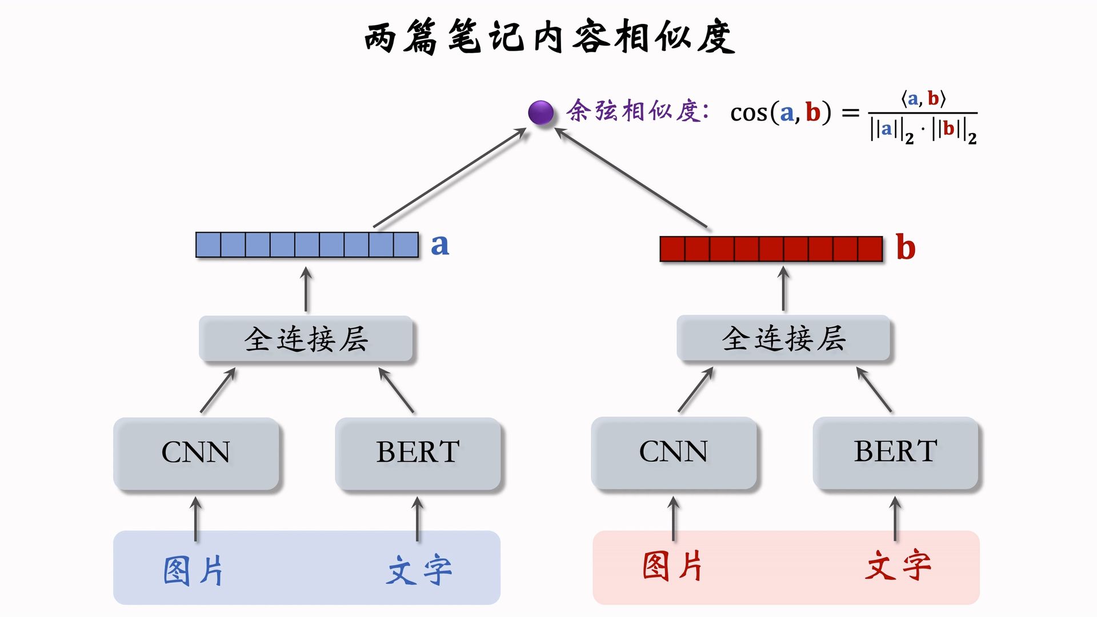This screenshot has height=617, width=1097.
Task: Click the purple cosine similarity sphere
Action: pos(541,113)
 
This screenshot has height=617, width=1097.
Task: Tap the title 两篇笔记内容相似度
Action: pos(549,37)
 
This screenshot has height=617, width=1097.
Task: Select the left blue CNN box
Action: pos(196,452)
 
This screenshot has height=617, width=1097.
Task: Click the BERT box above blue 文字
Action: pos(418,452)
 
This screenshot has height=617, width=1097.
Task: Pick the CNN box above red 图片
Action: pos(674,452)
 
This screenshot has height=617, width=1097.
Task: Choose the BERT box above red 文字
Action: pos(895,452)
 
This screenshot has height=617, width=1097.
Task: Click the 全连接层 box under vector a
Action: pos(306,339)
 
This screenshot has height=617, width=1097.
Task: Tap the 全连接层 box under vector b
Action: pos(783,338)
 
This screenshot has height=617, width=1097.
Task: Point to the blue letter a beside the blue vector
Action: pos(439,245)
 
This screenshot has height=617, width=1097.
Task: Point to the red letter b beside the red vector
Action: pos(906,247)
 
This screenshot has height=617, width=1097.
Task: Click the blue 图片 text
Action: pos(193,570)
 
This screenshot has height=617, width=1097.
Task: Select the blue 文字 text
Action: pos(419,570)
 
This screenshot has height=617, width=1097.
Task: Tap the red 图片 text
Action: pos(672,566)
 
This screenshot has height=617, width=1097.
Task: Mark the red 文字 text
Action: pos(898,566)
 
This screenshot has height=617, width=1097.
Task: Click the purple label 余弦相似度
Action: pos(637,111)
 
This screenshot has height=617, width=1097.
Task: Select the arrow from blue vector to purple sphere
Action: pos(450,178)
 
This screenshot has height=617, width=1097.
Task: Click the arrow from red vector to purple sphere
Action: pos(631,178)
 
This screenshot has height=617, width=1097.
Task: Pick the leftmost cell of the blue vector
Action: pos(209,245)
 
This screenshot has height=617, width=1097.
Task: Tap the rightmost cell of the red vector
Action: pos(870,249)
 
